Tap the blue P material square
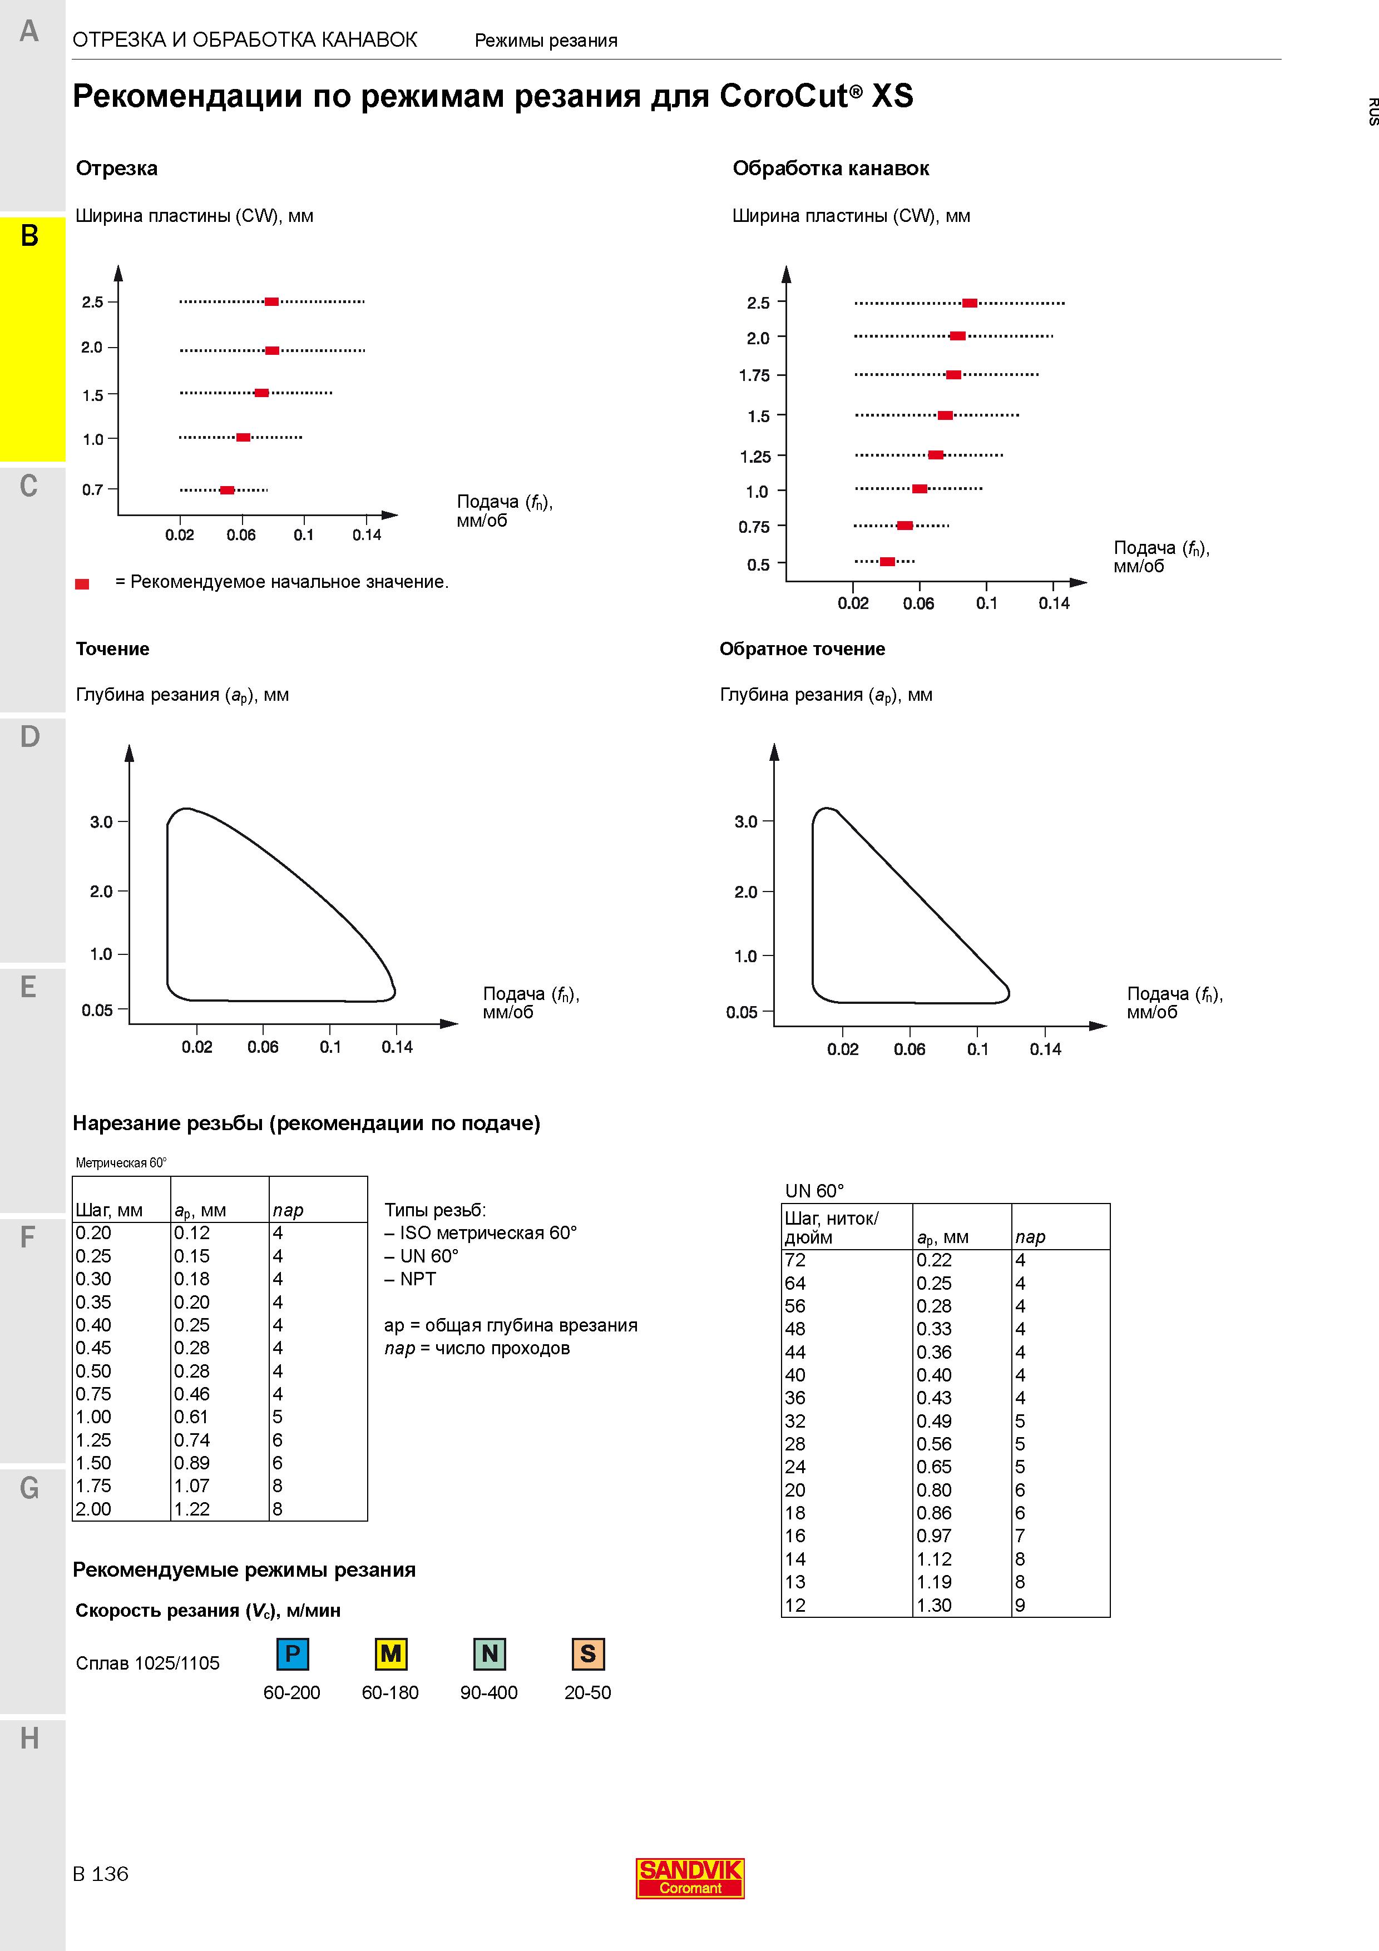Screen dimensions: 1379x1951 (x=292, y=1653)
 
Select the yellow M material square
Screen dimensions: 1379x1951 (x=391, y=1653)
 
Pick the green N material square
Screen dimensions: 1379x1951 (x=490, y=1653)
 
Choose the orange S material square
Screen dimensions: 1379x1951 (x=588, y=1653)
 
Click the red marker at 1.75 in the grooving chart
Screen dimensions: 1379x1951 (x=953, y=375)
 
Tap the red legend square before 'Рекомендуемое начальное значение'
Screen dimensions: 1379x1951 (x=82, y=584)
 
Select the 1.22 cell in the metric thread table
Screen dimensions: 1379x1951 (x=191, y=1509)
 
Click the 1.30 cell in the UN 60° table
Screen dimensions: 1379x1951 (x=934, y=1605)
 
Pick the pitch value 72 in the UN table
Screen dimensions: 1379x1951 (x=795, y=1260)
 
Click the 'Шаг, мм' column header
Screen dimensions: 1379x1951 (x=109, y=1210)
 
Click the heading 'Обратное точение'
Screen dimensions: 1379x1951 (x=802, y=649)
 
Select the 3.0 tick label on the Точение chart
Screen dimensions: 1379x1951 (x=101, y=821)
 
